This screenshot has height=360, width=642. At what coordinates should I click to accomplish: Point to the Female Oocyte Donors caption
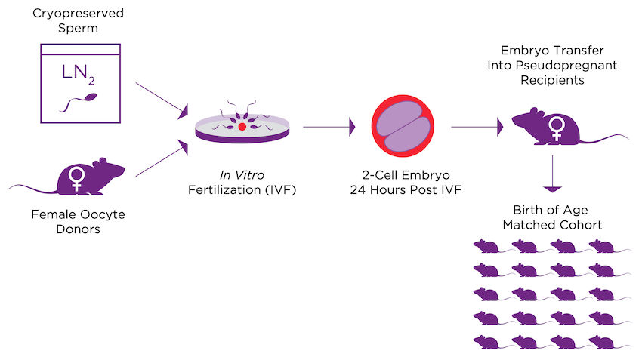(78, 221)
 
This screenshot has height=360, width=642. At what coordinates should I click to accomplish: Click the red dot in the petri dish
(242, 128)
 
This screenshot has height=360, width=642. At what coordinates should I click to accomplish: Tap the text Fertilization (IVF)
(242, 189)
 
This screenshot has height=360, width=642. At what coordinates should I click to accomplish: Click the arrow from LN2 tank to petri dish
(161, 100)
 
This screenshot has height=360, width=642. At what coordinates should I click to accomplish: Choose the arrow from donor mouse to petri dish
(161, 158)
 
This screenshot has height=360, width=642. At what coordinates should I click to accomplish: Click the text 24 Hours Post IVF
(401, 189)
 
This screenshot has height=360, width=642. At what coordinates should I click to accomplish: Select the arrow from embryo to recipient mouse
(477, 128)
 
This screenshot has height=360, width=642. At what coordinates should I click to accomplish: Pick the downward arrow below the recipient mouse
(554, 174)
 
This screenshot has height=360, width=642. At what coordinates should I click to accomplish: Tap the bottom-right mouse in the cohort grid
(604, 342)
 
